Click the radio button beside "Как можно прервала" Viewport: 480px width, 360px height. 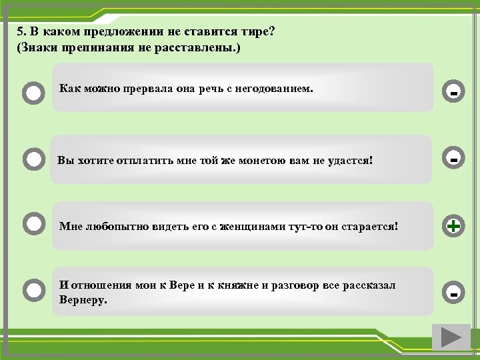(33, 92)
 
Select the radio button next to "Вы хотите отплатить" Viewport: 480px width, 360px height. (33, 160)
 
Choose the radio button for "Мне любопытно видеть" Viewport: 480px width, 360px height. (33, 223)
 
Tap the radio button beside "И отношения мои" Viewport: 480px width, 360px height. (33, 290)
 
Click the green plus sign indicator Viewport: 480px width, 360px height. (453, 227)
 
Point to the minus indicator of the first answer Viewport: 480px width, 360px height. (453, 92)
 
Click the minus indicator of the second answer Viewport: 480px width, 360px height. (453, 160)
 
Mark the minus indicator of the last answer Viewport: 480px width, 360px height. (453, 293)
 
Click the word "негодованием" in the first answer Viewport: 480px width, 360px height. (275, 88)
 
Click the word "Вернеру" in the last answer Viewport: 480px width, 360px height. (82, 300)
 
